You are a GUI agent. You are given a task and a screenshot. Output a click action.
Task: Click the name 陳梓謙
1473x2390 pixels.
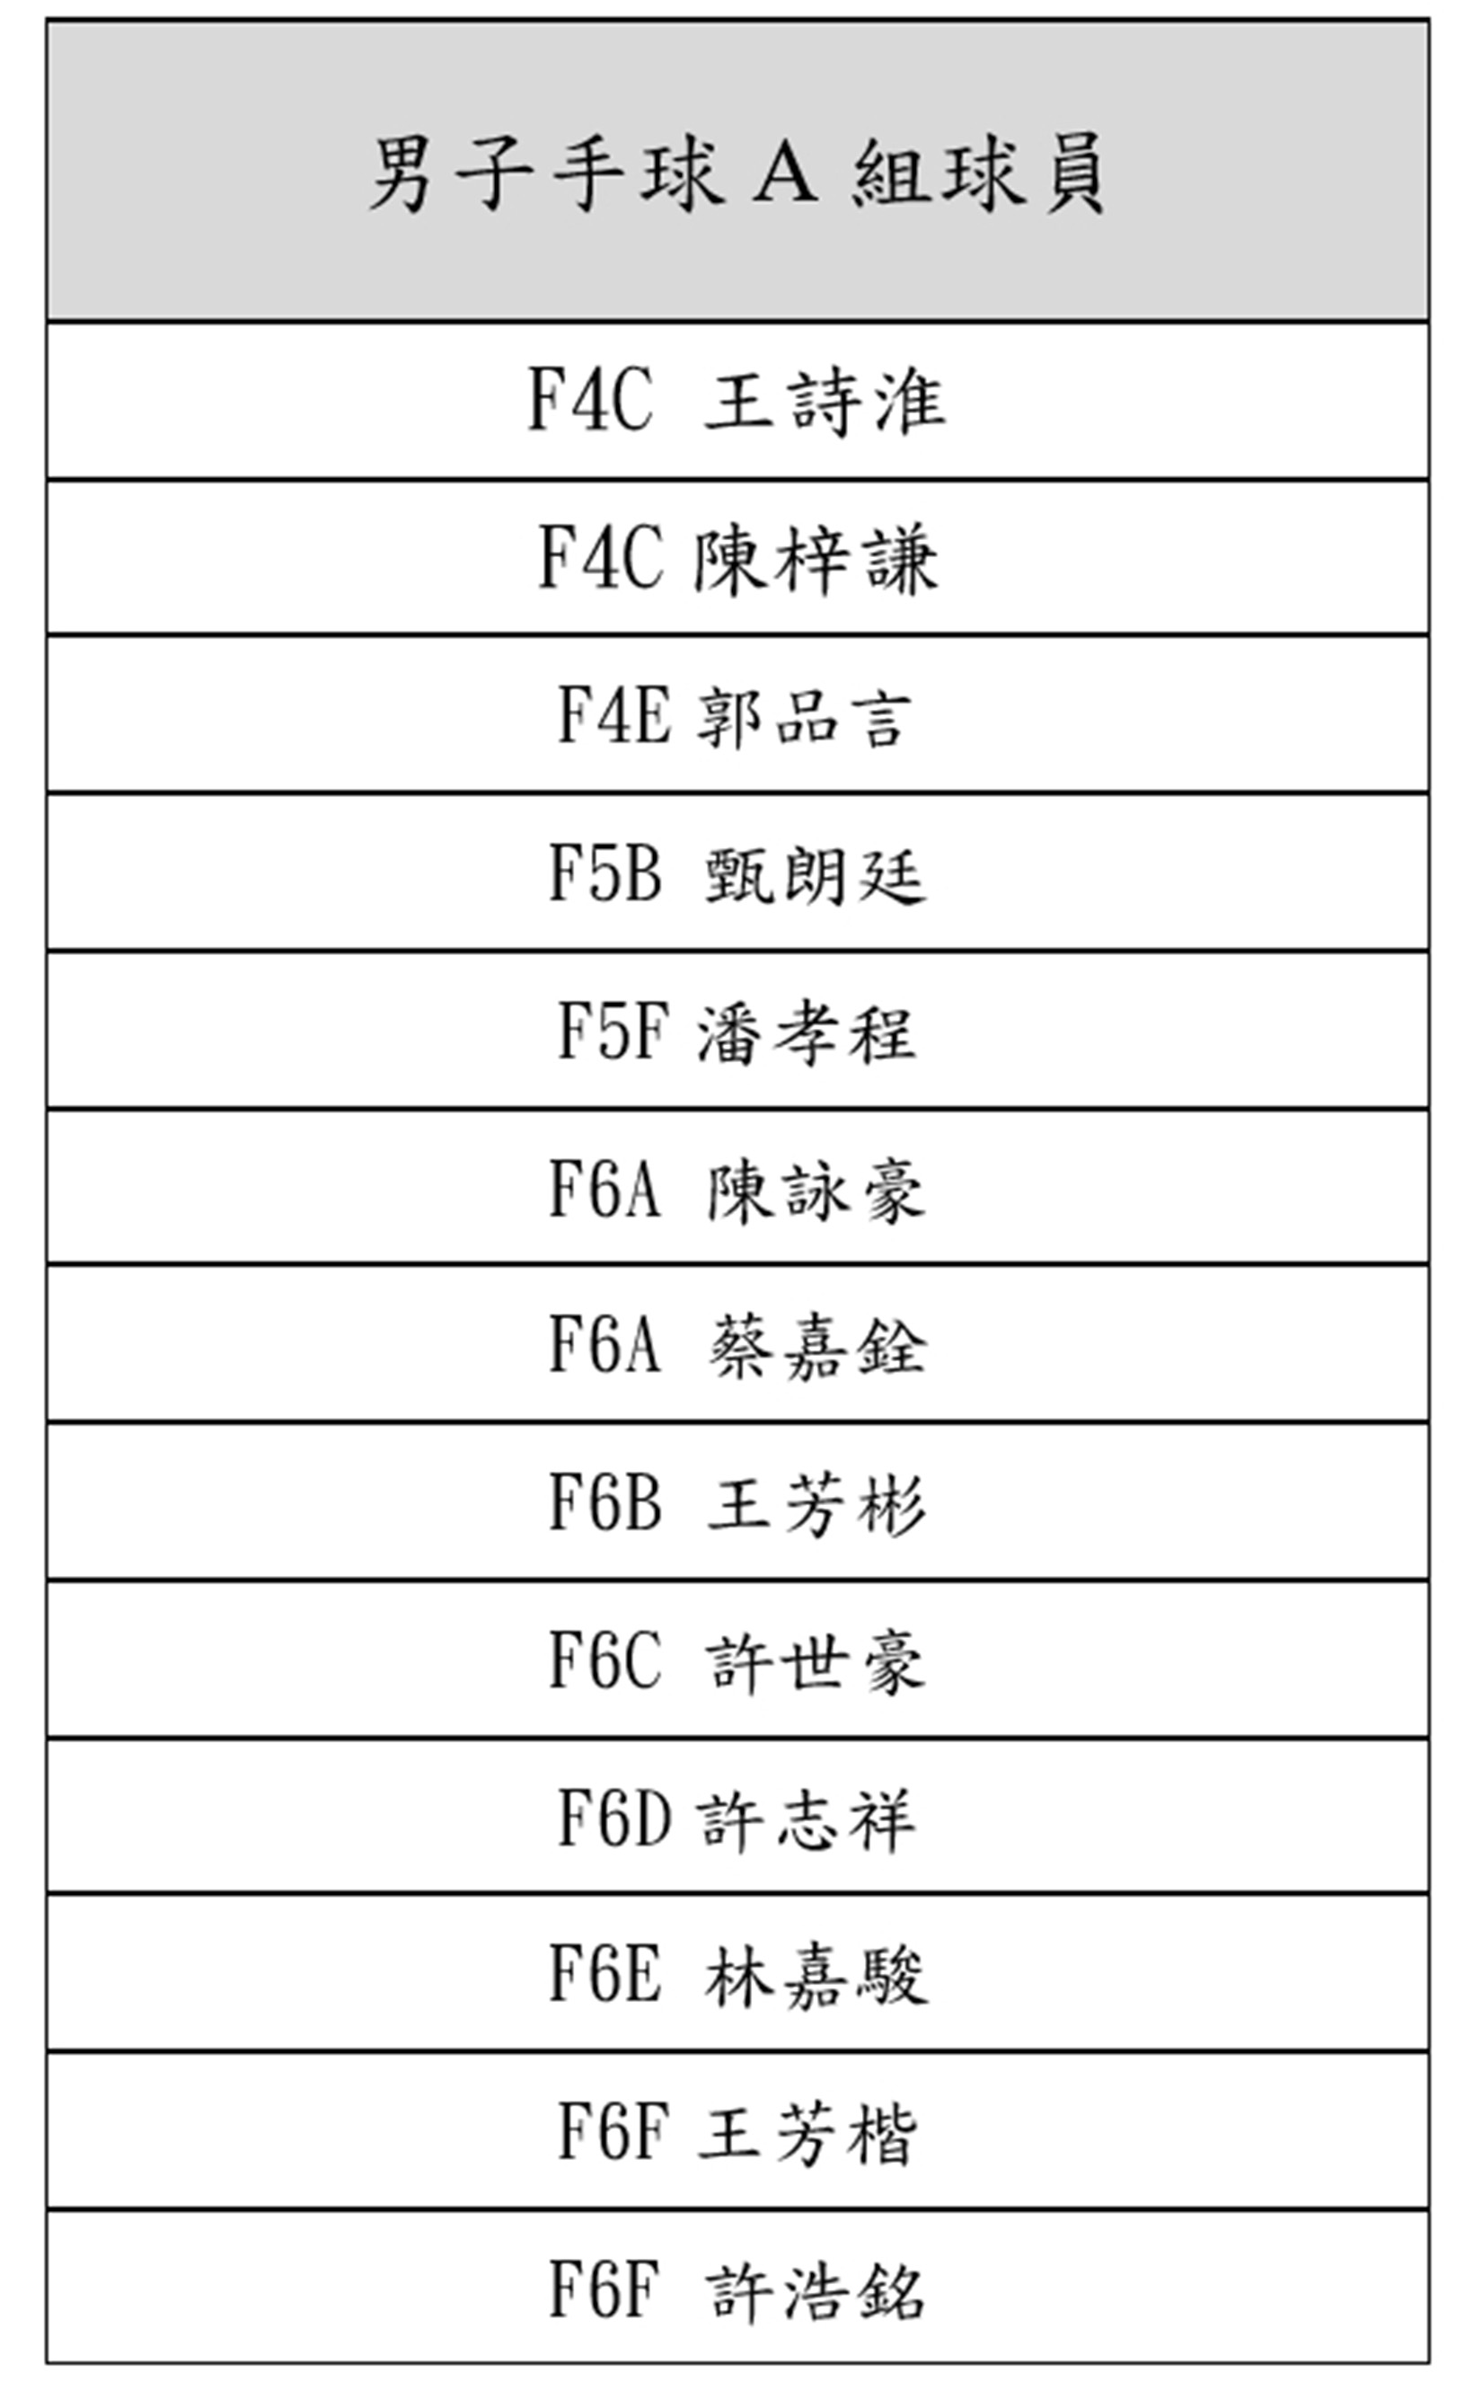pyautogui.click(x=816, y=559)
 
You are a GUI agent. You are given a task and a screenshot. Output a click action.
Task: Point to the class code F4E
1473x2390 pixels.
pyautogui.click(x=614, y=715)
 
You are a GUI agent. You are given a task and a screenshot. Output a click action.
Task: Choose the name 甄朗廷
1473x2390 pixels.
pyautogui.click(x=816, y=875)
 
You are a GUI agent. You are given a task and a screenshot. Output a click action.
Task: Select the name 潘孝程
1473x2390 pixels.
pyautogui.click(x=806, y=1032)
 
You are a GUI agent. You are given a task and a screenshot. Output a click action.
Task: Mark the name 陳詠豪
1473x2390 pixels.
pyautogui.click(x=816, y=1191)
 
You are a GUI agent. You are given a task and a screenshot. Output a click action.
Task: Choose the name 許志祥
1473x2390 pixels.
pyautogui.click(x=806, y=1820)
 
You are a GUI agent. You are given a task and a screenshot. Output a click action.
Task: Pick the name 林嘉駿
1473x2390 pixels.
pyautogui.click(x=816, y=1976)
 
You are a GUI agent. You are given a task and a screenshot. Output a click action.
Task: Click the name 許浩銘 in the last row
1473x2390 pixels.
pyautogui.click(x=816, y=2291)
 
